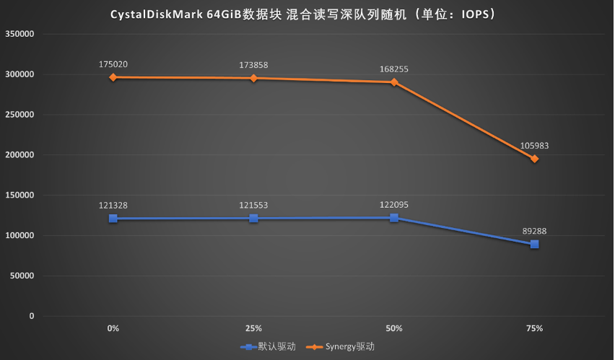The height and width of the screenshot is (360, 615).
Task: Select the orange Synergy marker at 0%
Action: (x=113, y=77)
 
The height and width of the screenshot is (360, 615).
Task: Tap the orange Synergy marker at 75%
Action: (x=534, y=159)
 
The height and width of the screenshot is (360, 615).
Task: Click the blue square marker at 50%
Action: (x=394, y=218)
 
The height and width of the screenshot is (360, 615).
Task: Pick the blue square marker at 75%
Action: (x=534, y=244)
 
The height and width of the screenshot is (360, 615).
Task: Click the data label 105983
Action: (x=534, y=146)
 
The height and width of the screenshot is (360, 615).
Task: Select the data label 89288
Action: (x=534, y=232)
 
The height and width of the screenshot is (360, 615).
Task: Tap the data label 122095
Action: (x=394, y=205)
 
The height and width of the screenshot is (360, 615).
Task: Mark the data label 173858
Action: (x=253, y=65)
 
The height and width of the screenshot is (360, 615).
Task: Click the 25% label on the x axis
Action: (x=253, y=329)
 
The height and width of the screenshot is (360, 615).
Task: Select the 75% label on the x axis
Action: (x=534, y=329)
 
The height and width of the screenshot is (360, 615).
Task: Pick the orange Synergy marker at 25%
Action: (x=253, y=78)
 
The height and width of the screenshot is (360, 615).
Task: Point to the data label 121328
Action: (x=113, y=206)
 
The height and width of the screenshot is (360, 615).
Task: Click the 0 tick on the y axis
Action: (x=32, y=316)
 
